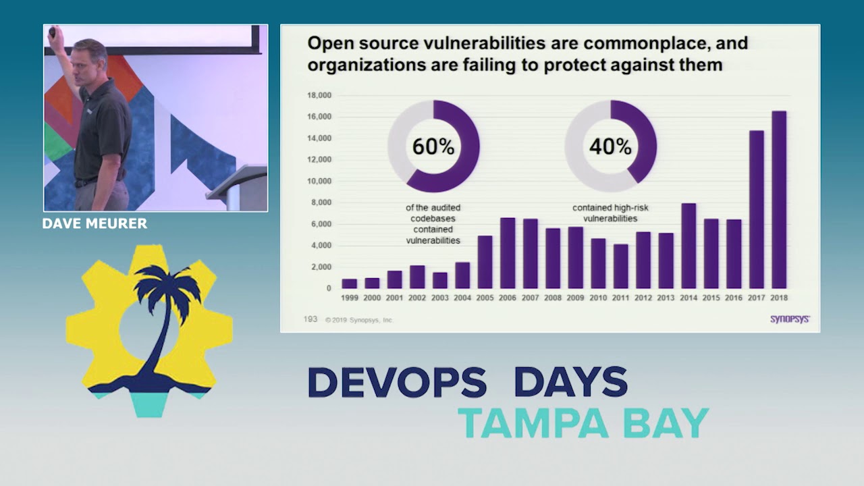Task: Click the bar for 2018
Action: (779, 200)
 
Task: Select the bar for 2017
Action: (757, 209)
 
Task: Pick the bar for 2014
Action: (688, 246)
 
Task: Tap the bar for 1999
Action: (349, 283)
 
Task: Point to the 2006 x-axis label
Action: (508, 298)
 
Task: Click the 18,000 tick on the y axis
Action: (319, 95)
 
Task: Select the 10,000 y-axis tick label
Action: (319, 181)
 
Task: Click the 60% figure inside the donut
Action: (433, 146)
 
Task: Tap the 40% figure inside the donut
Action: (610, 146)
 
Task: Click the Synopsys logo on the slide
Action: (790, 319)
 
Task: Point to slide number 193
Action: (310, 319)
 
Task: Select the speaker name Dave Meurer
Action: (94, 223)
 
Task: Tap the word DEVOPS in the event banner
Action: (397, 382)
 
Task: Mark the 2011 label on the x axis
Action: (620, 298)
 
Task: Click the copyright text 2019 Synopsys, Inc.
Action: (359, 320)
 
